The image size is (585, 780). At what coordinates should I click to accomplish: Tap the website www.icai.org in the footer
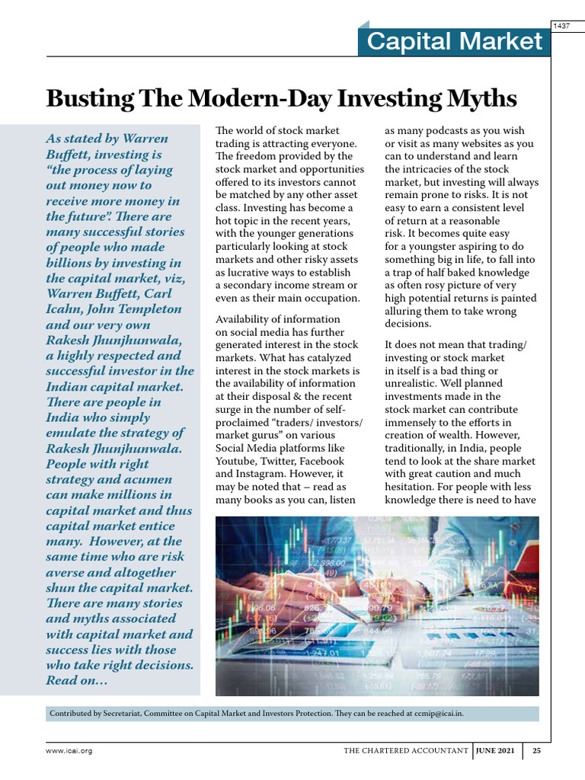click(x=69, y=751)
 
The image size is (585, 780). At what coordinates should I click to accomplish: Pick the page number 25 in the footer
click(x=536, y=751)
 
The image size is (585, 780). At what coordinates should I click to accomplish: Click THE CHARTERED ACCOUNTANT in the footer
click(x=406, y=751)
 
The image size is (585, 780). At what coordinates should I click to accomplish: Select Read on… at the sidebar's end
click(x=77, y=681)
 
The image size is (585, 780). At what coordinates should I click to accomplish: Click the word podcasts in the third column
click(x=446, y=131)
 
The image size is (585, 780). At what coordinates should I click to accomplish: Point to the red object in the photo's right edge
click(x=526, y=556)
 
